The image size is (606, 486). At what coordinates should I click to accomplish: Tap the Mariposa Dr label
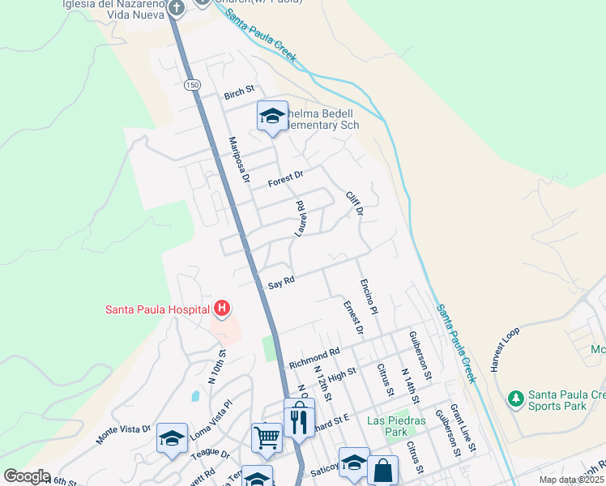pos(237,160)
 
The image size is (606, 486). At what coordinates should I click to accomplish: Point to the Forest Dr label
pos(285,176)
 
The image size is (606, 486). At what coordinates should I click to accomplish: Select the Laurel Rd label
pos(300,219)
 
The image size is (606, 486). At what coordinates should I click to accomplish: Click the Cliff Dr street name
pos(353,203)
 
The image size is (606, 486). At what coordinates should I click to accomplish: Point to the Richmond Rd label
pos(314,356)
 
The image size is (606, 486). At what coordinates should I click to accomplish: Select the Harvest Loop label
pos(504,349)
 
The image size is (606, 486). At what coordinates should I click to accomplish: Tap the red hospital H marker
pos(222,309)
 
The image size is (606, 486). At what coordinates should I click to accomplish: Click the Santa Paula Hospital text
pos(157,309)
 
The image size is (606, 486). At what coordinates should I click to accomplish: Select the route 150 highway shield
pos(191,84)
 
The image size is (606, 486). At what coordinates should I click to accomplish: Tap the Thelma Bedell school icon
pos(272,115)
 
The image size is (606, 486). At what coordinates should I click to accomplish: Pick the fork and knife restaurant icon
pos(299,420)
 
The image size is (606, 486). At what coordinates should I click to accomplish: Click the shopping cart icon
pos(267,437)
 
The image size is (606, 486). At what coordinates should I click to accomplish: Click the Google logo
pos(27,476)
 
